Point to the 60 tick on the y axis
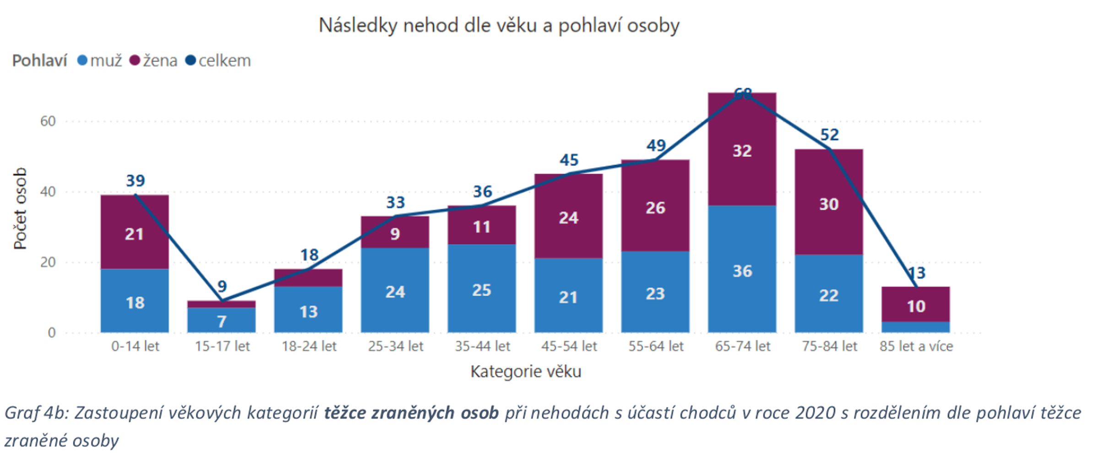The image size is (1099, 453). pos(48,121)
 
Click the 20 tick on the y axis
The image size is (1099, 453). pos(48,262)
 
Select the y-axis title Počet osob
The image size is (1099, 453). pos(20,208)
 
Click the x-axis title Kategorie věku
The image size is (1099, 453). pos(525,371)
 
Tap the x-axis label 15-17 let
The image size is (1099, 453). pos(222,346)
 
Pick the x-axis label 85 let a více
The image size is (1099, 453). pos(916,346)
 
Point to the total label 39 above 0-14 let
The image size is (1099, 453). pos(135,181)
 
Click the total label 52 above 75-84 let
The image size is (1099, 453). pos(829,135)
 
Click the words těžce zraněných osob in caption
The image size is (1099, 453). pos(411,413)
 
